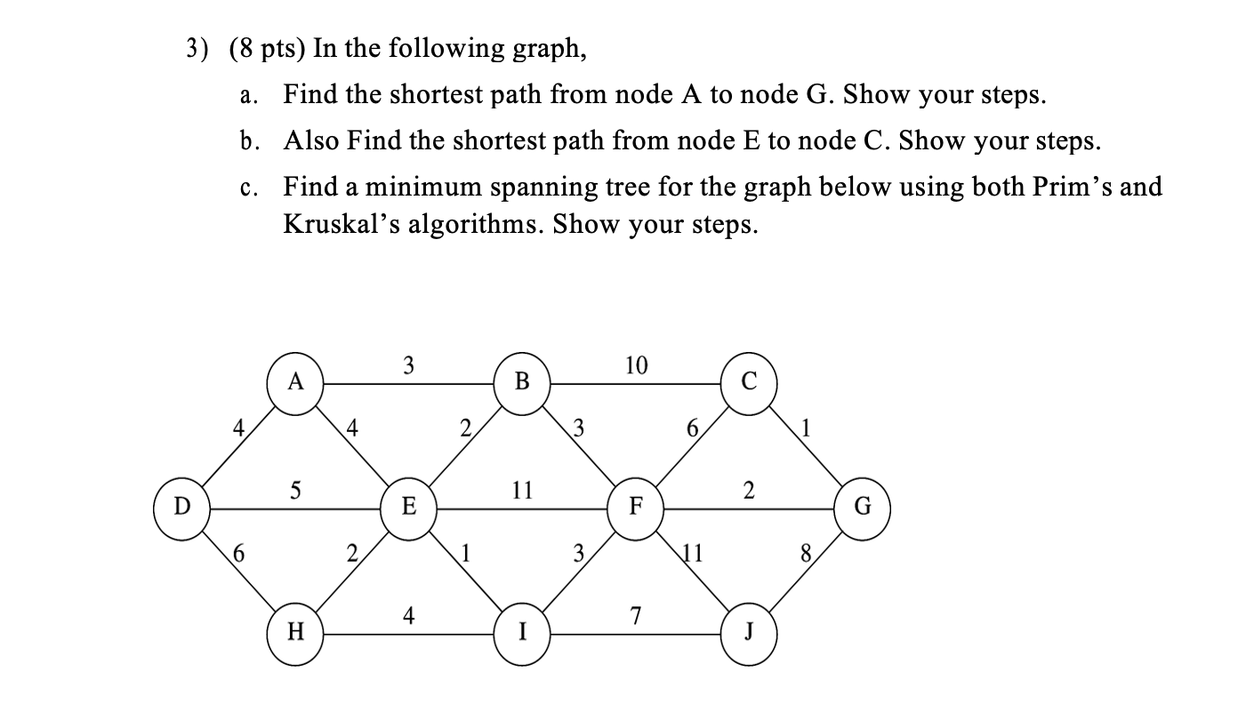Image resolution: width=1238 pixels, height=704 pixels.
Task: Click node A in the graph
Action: (x=296, y=383)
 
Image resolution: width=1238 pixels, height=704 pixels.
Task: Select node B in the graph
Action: (x=522, y=383)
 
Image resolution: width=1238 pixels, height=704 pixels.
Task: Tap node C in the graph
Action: (x=749, y=383)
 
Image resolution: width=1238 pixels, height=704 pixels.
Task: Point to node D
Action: (x=182, y=508)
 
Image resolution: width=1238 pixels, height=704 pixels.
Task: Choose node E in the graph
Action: (x=409, y=508)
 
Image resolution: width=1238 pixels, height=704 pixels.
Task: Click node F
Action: (x=636, y=508)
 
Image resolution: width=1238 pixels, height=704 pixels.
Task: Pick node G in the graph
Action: (x=862, y=508)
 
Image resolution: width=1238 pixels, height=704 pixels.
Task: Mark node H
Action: (x=296, y=633)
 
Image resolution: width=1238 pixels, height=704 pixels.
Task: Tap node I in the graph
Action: (x=522, y=633)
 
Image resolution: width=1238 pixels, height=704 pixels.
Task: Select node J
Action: (x=749, y=633)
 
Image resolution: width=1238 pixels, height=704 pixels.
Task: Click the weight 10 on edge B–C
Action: (x=637, y=365)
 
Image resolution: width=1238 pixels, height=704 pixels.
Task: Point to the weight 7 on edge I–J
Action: (x=634, y=615)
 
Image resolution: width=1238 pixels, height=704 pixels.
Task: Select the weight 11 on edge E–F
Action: (x=523, y=489)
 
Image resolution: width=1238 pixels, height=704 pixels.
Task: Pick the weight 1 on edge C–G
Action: (x=806, y=430)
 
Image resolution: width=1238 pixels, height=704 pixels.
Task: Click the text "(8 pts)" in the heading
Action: (x=267, y=49)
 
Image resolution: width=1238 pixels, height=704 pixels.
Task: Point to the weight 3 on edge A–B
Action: (x=408, y=365)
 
